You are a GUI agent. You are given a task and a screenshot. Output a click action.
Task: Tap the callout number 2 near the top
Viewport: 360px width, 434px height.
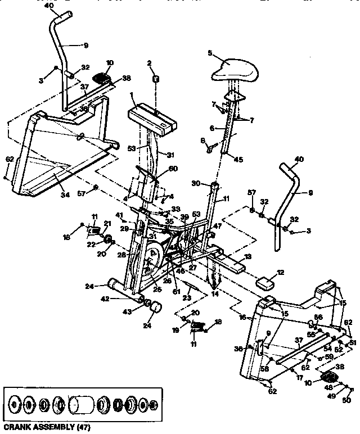pos(150,63)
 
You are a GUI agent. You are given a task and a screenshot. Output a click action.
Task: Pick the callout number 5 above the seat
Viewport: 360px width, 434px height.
pos(209,53)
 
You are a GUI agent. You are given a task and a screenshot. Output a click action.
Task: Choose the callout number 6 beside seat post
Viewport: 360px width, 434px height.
pos(213,129)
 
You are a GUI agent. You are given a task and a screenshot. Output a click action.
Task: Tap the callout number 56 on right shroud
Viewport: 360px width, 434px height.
pos(319,318)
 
